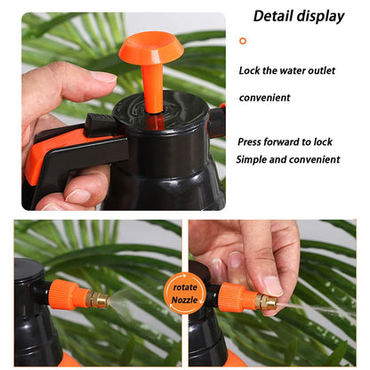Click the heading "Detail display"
point(298,15)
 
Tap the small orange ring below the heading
point(243,40)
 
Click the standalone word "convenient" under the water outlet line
point(264,97)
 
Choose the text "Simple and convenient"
point(287,160)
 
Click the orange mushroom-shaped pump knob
point(151,47)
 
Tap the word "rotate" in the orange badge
point(185,286)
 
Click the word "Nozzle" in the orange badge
point(185,302)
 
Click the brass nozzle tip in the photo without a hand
point(98,301)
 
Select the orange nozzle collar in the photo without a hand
point(68,295)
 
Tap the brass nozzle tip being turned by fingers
point(266,302)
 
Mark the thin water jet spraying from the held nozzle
point(320,310)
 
